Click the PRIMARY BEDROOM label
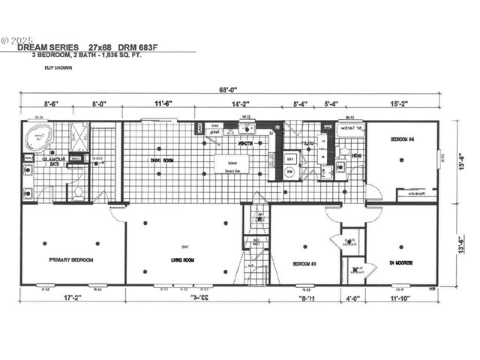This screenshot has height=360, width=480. coord(71,260)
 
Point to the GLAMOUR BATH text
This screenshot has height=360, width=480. coord(54,162)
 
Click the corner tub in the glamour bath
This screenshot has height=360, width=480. coord(38,137)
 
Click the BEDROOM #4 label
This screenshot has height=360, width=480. coord(402,140)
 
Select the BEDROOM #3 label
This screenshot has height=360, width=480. coord(305,263)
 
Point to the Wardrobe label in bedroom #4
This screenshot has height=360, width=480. coord(417,193)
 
